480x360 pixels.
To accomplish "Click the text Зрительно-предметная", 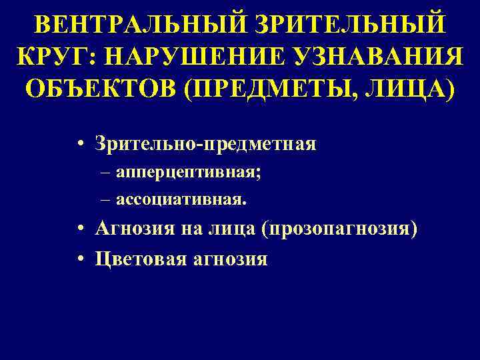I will pos(205,143).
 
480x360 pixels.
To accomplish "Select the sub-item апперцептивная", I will pos(189,173).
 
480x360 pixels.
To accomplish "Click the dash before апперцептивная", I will pos(107,173).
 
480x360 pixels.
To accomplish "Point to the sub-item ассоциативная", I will pos(181,199).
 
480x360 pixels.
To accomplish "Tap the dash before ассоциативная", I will pos(107,199).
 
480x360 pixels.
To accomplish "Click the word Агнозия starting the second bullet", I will pos(133,229).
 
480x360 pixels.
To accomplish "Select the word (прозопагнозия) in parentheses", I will pos(340,229).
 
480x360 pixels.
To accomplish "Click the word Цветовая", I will pos(138,258).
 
